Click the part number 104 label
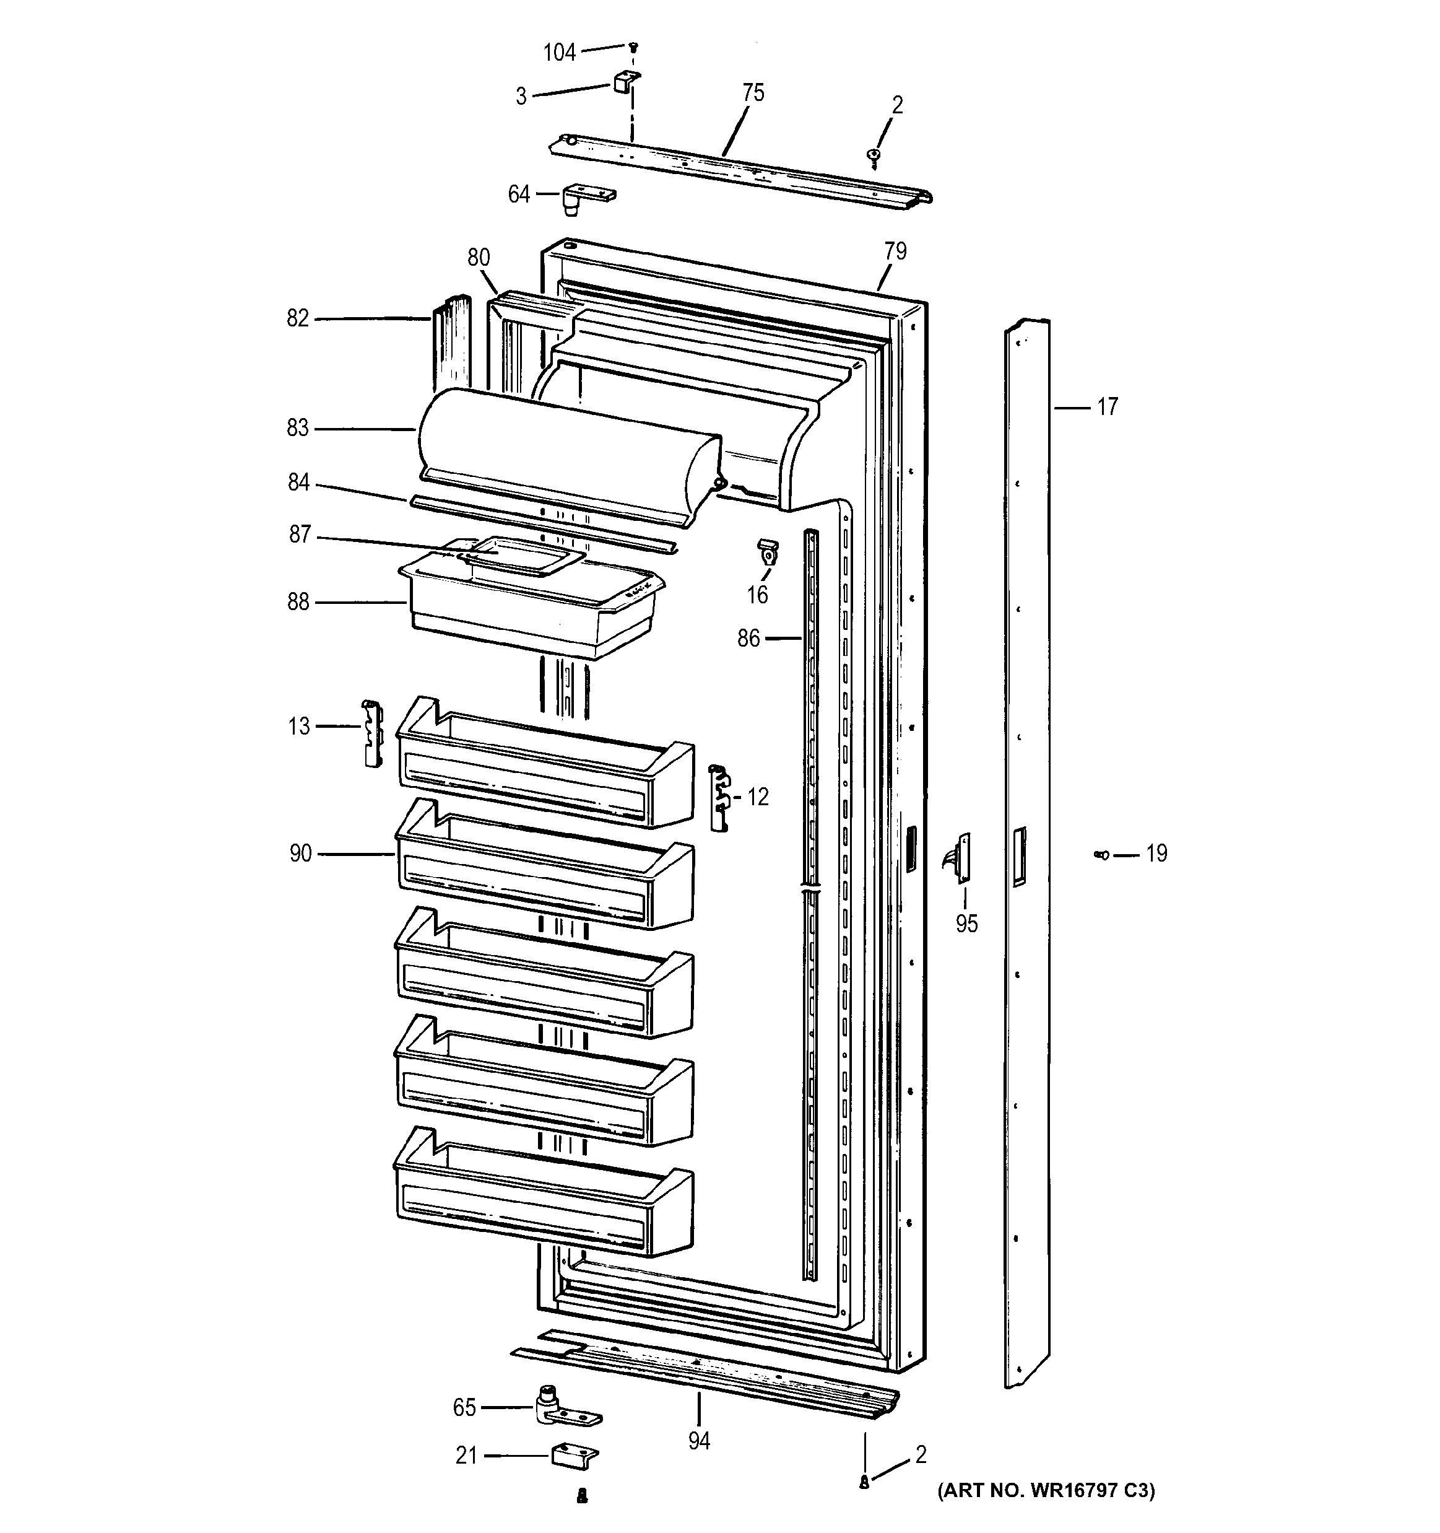click(x=560, y=53)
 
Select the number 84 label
click(x=298, y=482)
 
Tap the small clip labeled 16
click(x=768, y=551)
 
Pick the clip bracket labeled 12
click(x=719, y=797)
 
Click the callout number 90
click(x=301, y=853)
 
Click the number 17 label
click(x=1107, y=406)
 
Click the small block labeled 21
click(x=575, y=1455)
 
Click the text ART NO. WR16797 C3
click(x=1045, y=1491)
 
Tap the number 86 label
click(x=748, y=638)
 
